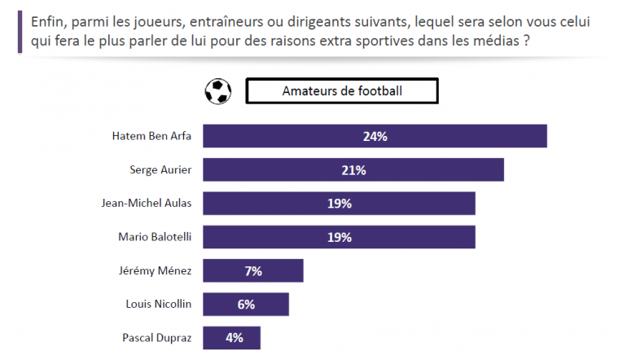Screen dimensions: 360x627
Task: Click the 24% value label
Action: pyautogui.click(x=375, y=136)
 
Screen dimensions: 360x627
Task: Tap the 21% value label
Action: pyautogui.click(x=353, y=169)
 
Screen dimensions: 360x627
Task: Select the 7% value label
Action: pyautogui.click(x=253, y=270)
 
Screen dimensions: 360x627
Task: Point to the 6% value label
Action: pyautogui.click(x=246, y=304)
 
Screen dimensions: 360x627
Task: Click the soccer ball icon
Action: pyautogui.click(x=217, y=91)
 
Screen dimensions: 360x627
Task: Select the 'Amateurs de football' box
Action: pyautogui.click(x=342, y=91)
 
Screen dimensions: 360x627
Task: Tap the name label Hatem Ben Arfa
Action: pyautogui.click(x=151, y=136)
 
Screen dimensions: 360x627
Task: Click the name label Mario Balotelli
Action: pyautogui.click(x=154, y=237)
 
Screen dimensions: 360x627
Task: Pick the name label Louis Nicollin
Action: pyautogui.click(x=159, y=304)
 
